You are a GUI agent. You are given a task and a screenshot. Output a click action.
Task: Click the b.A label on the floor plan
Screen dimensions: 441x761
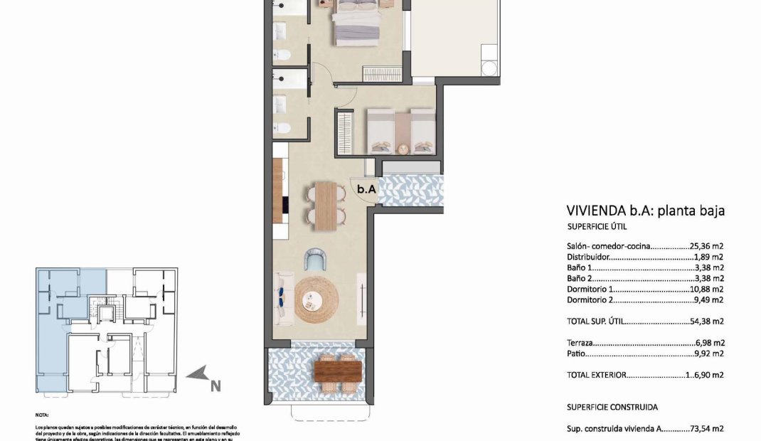click(x=366, y=189)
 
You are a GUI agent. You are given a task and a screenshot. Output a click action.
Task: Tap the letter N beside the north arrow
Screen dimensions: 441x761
click(x=215, y=386)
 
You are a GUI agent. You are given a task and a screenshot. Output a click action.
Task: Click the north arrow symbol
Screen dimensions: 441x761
click(x=197, y=373)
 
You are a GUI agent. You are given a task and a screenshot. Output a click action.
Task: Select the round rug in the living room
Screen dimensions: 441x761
click(x=314, y=299)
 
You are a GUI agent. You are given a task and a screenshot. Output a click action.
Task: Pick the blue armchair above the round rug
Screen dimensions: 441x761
click(x=314, y=259)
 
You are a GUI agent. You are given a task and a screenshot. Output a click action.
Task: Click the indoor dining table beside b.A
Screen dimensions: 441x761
click(x=325, y=206)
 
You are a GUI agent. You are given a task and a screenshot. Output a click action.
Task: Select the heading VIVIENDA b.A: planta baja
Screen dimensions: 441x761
click(x=645, y=210)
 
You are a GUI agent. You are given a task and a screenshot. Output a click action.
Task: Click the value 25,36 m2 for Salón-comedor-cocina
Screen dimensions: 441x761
click(x=707, y=246)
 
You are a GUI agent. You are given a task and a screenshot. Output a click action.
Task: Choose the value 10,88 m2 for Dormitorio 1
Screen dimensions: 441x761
click(x=707, y=289)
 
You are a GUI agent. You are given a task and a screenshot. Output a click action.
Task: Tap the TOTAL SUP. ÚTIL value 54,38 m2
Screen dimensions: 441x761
click(x=707, y=322)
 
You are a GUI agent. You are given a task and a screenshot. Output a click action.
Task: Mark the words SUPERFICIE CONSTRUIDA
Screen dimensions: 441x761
click(x=612, y=408)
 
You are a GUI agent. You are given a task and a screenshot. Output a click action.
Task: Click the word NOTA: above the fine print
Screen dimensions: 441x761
click(x=42, y=413)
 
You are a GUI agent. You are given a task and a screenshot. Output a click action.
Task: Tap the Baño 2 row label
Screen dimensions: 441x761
click(x=579, y=279)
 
